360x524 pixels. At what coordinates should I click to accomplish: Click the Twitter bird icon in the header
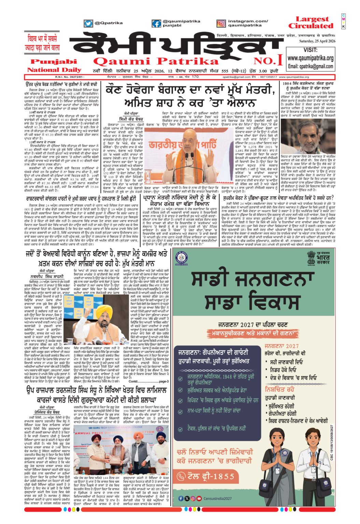(x=88, y=24)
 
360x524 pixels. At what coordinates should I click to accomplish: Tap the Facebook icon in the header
(x=157, y=24)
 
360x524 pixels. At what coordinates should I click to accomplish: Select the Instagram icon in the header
(x=221, y=24)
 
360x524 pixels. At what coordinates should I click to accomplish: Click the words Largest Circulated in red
(x=311, y=23)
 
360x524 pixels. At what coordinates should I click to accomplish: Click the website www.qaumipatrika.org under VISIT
(x=310, y=58)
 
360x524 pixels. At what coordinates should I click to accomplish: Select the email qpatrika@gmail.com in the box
(x=310, y=66)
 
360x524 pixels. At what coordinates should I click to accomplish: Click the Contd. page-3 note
(x=148, y=381)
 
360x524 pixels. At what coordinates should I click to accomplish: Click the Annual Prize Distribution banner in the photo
(x=121, y=430)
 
